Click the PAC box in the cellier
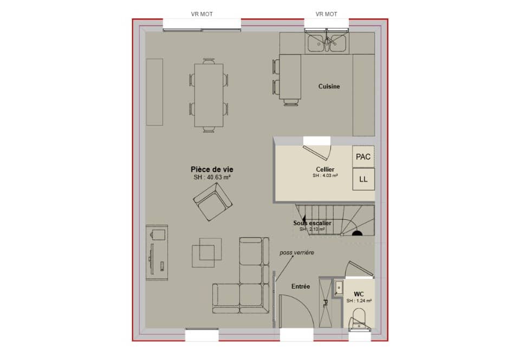click(363, 157)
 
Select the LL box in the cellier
click(363, 180)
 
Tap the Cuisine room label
click(329, 87)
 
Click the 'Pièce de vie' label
click(212, 169)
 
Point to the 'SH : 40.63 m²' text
click(212, 177)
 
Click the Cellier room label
click(325, 169)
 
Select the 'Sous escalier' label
click(312, 223)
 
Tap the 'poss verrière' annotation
click(296, 253)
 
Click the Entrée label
click(301, 286)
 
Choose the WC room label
click(359, 293)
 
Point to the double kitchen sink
click(327, 43)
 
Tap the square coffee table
click(206, 252)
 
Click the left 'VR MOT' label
click(201, 14)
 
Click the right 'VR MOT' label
click(327, 14)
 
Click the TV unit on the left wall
click(157, 253)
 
